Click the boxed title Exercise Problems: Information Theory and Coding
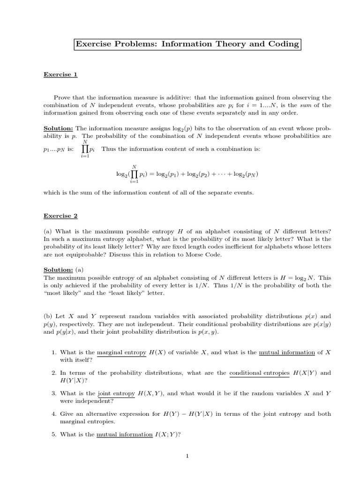pos(187,45)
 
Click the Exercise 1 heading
pos(60,74)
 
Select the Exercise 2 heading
pos(60,216)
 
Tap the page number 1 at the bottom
pos(187,456)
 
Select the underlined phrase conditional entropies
pos(259,373)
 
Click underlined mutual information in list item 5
pos(124,435)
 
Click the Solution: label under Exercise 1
pos(59,128)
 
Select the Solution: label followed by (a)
pos(59,270)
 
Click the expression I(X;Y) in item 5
pos(167,435)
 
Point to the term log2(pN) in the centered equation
pos(244,174)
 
